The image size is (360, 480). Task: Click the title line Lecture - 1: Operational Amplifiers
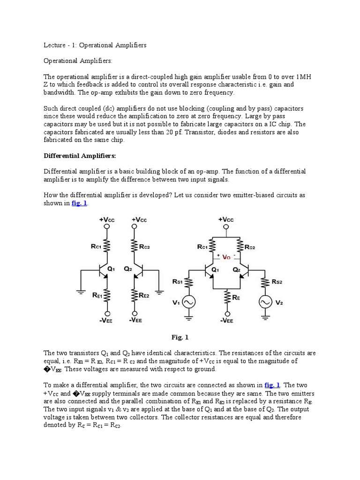[95, 45]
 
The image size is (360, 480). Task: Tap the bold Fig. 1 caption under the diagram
[180, 337]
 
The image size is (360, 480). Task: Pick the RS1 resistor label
[178, 281]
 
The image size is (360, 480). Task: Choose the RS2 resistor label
[278, 281]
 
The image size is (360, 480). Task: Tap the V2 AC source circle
[265, 302]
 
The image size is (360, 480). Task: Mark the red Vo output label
[227, 257]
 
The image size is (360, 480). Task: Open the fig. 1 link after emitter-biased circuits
[79, 202]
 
